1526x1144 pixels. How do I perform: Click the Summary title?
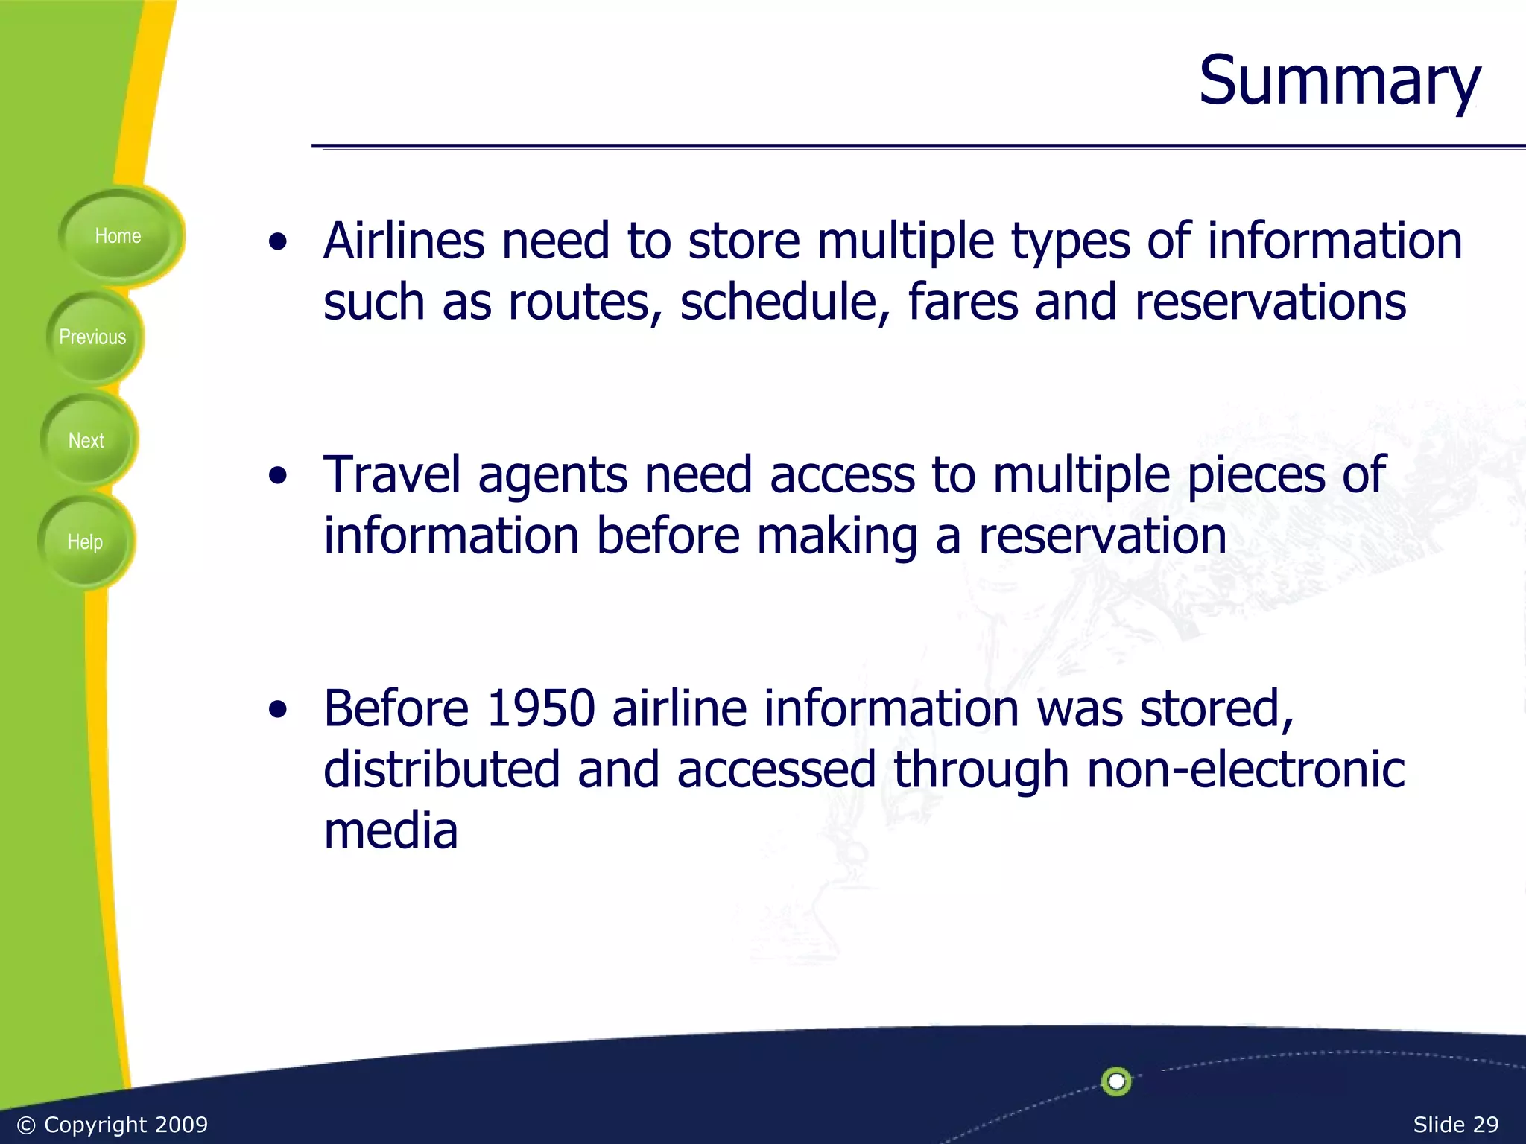(x=1339, y=80)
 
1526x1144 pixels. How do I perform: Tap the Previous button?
(x=93, y=337)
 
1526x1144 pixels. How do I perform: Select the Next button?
(x=86, y=441)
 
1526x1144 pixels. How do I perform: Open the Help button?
(x=85, y=542)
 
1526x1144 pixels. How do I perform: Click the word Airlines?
(x=403, y=241)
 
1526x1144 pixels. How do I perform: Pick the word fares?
(x=963, y=302)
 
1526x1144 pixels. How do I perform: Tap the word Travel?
(x=392, y=475)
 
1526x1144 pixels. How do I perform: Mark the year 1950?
(x=540, y=708)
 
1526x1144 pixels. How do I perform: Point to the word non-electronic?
(x=1245, y=769)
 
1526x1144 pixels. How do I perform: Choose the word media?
(x=390, y=831)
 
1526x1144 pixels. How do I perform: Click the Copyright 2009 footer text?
(x=113, y=1125)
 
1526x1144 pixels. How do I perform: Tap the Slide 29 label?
(x=1455, y=1125)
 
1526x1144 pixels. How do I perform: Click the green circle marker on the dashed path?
(x=1115, y=1081)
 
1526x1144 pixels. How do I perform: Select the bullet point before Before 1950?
(x=278, y=710)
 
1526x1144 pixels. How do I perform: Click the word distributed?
(x=441, y=769)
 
